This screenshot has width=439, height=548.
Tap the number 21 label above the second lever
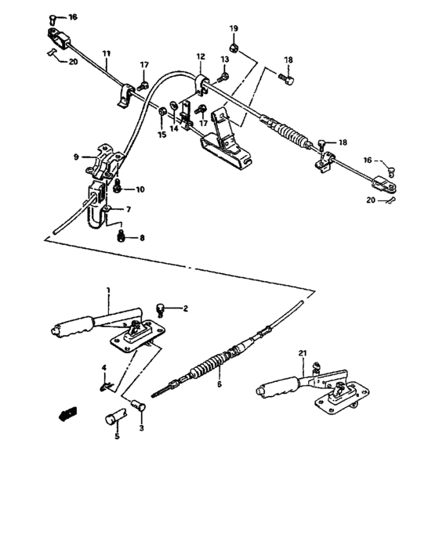[x=303, y=355]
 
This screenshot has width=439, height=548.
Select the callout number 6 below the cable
[x=219, y=384]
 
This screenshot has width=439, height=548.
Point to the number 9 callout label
[x=77, y=157]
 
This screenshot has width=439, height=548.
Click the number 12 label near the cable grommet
[x=200, y=57]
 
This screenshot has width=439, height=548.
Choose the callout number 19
[x=234, y=30]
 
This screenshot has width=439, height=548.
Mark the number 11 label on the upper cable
[x=107, y=52]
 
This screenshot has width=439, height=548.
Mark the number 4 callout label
[x=103, y=368]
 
